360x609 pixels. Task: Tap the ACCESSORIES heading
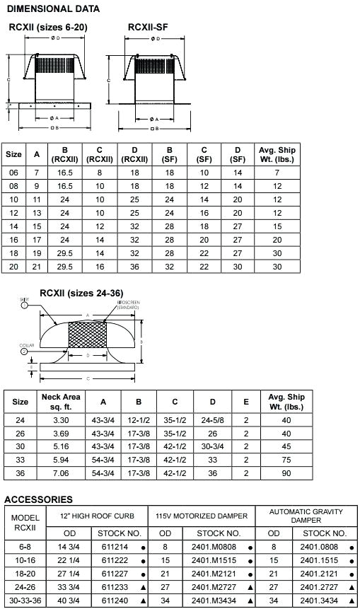tap(39, 499)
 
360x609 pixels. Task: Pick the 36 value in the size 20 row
tap(134, 266)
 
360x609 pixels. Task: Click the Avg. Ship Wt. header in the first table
tap(277, 154)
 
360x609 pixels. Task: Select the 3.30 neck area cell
tap(61, 420)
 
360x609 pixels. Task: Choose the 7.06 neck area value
tap(61, 473)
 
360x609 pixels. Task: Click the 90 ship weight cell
tap(286, 473)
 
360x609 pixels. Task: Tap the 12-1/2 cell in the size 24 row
tap(139, 420)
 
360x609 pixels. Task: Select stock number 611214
tap(115, 547)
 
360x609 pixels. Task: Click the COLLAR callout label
tap(28, 344)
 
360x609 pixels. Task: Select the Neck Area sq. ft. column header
tap(61, 401)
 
